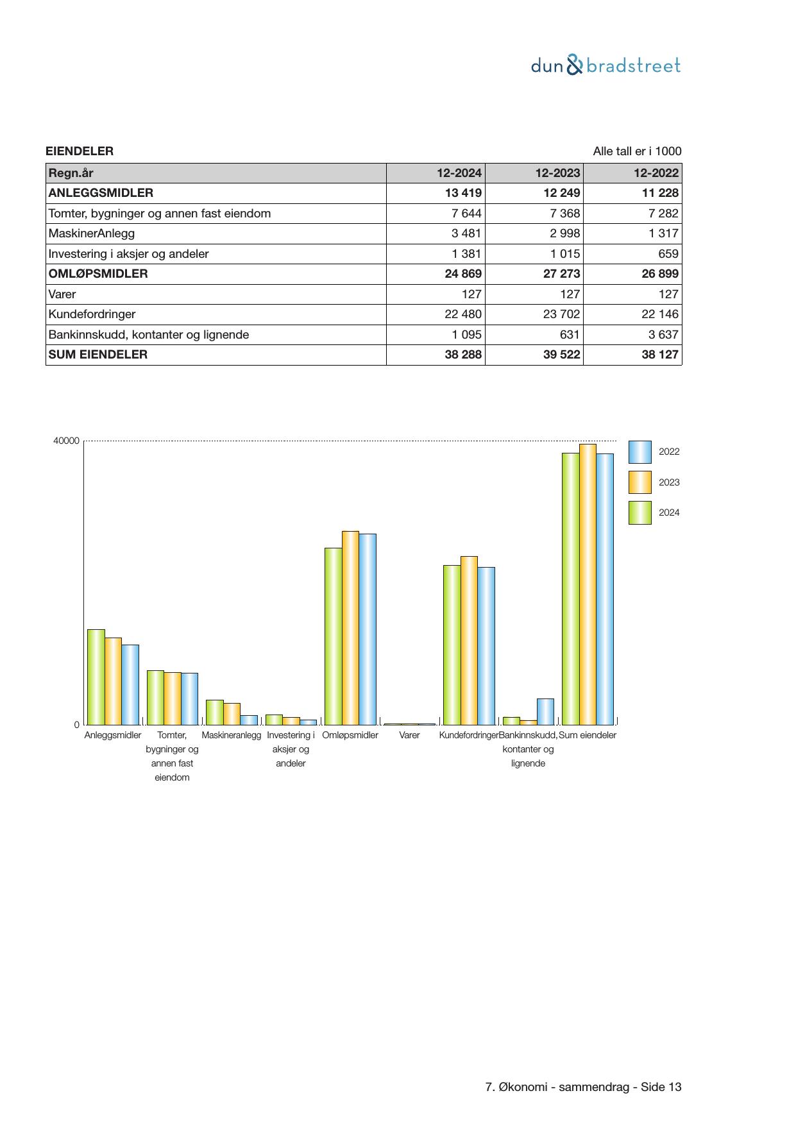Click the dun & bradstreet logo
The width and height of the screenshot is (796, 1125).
pos(605,65)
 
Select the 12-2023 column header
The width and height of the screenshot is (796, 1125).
pos(557,173)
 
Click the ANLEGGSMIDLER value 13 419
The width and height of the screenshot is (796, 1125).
pos(463,193)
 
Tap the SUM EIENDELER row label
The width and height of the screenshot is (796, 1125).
pos(98,355)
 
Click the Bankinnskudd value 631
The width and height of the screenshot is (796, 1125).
pos(569,335)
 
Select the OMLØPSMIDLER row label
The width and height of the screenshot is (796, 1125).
pos(98,274)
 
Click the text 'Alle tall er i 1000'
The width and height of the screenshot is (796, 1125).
pos(637,151)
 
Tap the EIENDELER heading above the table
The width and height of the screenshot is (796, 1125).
pos(80,151)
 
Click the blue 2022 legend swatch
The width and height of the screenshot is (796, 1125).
pos(639,452)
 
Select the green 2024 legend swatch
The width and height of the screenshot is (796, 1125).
pos(639,513)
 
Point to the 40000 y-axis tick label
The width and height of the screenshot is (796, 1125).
pos(67,441)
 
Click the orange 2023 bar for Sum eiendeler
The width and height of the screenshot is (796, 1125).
pos(588,584)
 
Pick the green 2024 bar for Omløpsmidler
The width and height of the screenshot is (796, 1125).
pos(333,636)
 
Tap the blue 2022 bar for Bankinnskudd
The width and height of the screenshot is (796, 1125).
pos(545,711)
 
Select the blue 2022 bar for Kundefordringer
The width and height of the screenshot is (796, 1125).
pos(486,645)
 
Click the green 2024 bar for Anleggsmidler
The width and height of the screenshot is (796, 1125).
pos(96,677)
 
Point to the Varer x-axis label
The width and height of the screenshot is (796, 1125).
pos(409,735)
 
